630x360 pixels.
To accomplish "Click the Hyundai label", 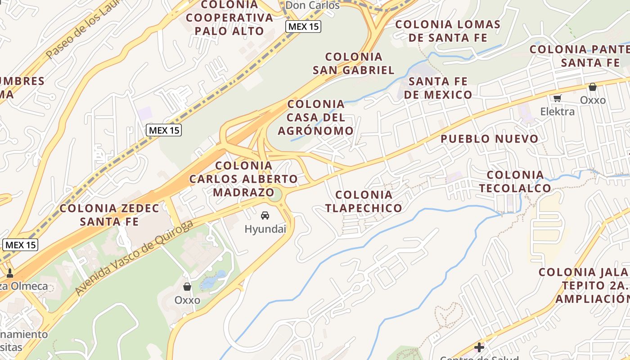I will click(265, 229).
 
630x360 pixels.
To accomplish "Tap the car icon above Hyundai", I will click(265, 216).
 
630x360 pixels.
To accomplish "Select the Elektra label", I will click(557, 112).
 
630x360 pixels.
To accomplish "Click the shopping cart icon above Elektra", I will click(558, 99).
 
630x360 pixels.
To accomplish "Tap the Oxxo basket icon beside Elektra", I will click(593, 87).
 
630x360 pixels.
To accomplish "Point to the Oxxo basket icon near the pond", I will click(187, 287).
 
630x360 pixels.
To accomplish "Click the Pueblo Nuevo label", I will click(489, 139).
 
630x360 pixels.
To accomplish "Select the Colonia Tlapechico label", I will click(364, 201).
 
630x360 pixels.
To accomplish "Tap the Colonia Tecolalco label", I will click(515, 181).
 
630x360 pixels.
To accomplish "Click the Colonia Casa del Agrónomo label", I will click(316, 117).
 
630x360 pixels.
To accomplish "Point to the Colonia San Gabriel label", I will click(354, 63).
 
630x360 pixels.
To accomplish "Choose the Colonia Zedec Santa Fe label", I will click(109, 215).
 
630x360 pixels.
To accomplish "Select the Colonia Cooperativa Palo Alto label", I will click(230, 18).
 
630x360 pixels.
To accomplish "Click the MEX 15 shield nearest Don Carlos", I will click(303, 27).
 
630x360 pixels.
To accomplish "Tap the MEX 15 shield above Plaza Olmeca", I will click(20, 245).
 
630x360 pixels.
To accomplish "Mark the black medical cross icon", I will click(479, 347).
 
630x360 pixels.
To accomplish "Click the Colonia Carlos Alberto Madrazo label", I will click(243, 179).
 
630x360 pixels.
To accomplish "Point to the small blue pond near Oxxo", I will click(208, 281).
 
